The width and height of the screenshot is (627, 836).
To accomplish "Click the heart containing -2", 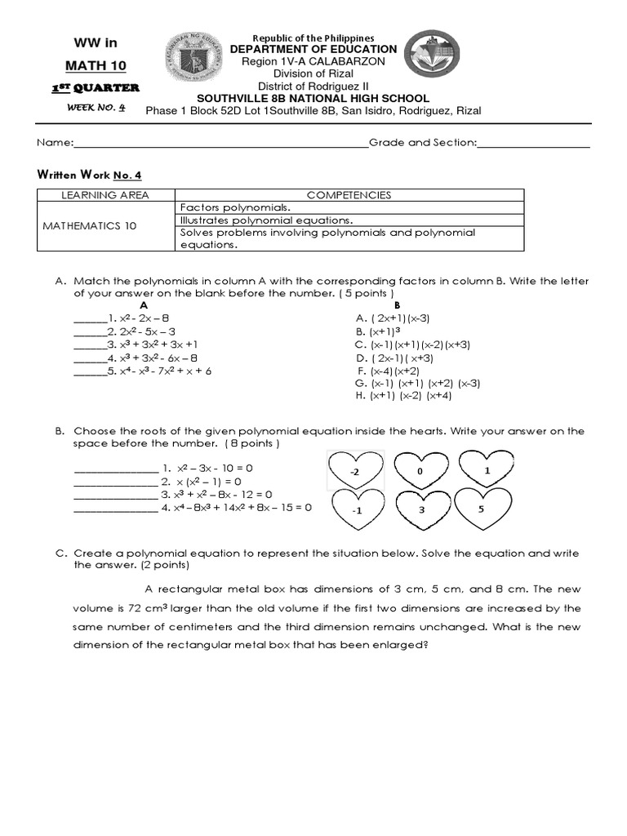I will pos(355,471).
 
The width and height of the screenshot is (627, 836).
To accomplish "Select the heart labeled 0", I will pos(420,471).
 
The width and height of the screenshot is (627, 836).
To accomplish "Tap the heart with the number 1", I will pos(486,471).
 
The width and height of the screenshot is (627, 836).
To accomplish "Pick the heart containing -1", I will pos(357,509).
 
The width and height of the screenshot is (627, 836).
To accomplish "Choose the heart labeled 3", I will pos(420,509).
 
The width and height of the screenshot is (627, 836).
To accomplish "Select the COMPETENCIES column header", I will pos(349,195).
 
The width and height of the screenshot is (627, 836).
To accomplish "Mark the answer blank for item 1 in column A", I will pos(87,318).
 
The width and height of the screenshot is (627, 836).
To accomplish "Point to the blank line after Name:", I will pos(220,144).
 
